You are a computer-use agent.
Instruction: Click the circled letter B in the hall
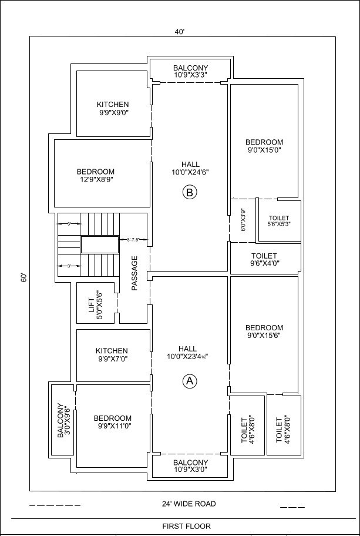point(190,192)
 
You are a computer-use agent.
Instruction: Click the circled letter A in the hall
point(190,381)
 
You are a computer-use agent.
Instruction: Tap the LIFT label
point(96,303)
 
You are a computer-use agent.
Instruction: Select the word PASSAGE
point(134,273)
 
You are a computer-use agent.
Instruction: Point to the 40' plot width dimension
point(180,32)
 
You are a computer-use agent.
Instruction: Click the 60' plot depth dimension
point(23,277)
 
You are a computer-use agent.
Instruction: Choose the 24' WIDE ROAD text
point(189,504)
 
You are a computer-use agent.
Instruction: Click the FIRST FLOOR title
point(187,526)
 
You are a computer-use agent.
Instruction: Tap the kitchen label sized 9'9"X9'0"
point(113,108)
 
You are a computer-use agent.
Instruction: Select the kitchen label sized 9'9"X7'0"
point(112,354)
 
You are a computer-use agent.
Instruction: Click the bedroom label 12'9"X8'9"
point(95,175)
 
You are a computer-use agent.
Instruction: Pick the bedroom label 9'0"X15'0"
point(264,146)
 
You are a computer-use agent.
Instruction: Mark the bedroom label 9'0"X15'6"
point(264,331)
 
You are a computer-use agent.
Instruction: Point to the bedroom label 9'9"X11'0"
point(113,422)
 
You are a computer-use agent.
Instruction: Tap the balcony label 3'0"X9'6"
point(64,420)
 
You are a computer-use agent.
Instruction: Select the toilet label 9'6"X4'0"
point(264,259)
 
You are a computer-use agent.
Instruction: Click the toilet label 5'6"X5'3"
point(279,221)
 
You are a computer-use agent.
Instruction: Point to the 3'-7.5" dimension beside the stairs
point(133,240)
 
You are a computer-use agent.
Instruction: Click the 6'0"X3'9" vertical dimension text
point(243,220)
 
